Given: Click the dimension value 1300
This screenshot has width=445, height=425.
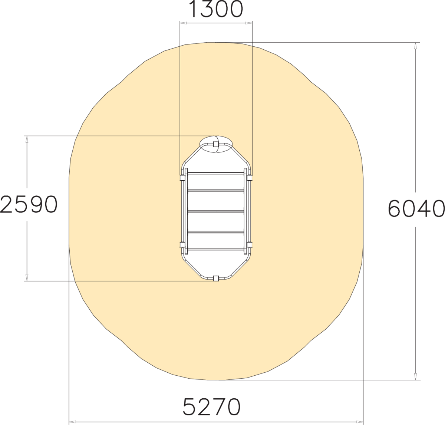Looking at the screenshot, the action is (216, 9).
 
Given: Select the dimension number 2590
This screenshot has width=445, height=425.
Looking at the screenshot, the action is (29, 204).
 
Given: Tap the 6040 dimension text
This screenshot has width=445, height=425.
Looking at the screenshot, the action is (416, 208).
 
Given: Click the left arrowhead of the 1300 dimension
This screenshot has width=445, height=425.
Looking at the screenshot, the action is (183, 23).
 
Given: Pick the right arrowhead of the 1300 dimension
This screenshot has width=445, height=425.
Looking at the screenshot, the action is (249, 23).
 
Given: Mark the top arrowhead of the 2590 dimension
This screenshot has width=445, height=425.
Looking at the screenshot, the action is (27, 139).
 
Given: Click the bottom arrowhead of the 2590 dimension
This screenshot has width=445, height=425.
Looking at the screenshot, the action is (27, 277).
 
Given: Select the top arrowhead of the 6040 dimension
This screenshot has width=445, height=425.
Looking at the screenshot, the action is (415, 46).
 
